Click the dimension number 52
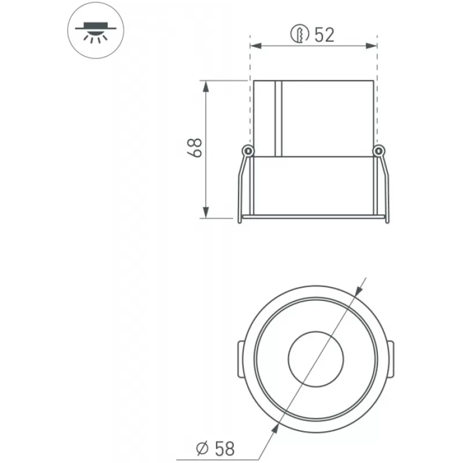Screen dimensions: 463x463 tap(324, 35)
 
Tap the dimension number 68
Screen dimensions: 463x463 tap(194, 148)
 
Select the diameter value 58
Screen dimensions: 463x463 tap(225, 449)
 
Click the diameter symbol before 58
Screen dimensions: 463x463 tap(203, 449)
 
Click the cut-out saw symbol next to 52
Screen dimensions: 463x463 tap(300, 34)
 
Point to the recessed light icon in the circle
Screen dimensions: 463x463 tap(95, 31)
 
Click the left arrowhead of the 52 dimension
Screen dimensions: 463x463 tap(256, 46)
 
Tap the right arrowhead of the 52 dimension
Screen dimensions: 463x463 tap(372, 46)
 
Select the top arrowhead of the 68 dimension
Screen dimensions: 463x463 tap(206, 86)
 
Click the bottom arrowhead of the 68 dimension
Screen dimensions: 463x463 tap(206, 212)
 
